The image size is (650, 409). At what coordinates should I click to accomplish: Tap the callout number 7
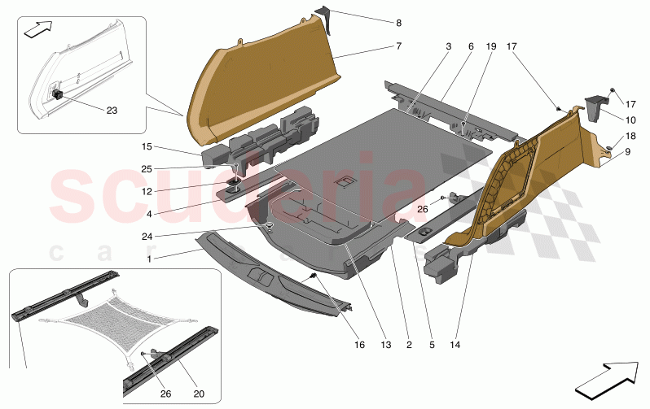tap(399, 47)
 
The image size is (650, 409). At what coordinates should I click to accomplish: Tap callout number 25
tap(147, 168)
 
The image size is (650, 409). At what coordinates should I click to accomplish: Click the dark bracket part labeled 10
tap(598, 106)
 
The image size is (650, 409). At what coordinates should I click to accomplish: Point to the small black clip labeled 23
tap(59, 93)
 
